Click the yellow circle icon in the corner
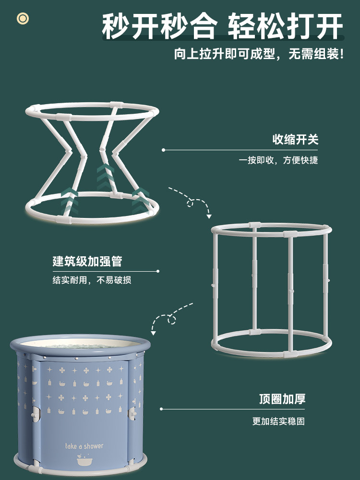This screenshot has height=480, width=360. [23, 18]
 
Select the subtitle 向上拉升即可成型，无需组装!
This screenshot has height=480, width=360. [259, 54]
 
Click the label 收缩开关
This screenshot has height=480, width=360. [295, 140]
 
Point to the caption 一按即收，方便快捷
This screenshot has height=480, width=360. [278, 160]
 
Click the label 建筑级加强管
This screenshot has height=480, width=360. [87, 261]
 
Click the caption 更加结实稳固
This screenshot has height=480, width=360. [278, 421]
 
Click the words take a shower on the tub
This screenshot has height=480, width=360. [84, 446]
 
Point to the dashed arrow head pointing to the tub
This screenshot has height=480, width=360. [154, 332]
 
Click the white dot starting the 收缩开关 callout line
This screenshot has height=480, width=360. [163, 150]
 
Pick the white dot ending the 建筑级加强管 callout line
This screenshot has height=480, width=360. [158, 271]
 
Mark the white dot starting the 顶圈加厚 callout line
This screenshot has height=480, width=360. [162, 409]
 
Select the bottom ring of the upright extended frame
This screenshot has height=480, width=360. [271, 350]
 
